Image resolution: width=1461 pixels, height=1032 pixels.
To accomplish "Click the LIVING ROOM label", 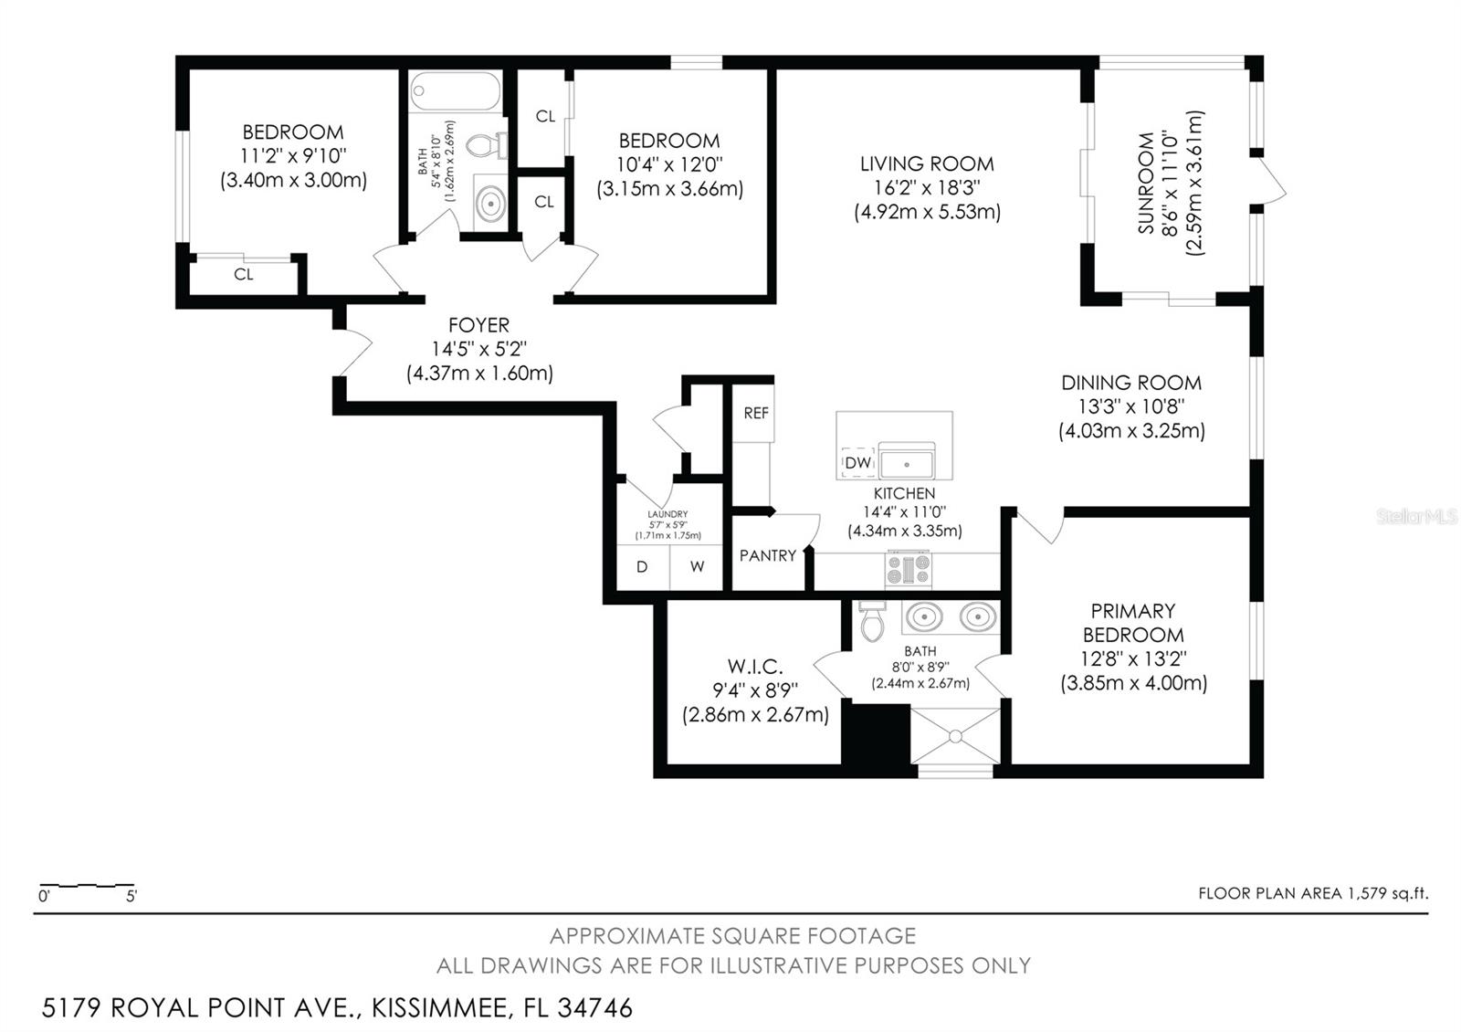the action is (927, 163).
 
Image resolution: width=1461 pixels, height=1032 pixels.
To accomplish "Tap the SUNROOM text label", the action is (1146, 184).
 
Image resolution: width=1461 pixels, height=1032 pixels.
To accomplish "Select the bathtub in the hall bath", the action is (456, 91).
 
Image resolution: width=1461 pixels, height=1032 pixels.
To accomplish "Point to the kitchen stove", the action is (908, 569).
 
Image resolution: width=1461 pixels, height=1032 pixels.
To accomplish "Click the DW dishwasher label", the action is (857, 462).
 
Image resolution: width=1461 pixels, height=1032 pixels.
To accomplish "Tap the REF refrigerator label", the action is (756, 413).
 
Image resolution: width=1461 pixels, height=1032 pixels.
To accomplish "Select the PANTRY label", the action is (768, 556).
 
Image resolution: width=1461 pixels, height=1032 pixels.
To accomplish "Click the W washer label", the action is (698, 567).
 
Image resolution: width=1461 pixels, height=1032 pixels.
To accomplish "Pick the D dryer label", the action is (642, 567).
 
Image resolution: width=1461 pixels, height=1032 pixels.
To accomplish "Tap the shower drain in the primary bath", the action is (955, 736).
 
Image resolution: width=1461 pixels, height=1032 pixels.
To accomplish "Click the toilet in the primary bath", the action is (872, 622).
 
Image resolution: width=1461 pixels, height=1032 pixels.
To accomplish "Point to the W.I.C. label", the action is (755, 667).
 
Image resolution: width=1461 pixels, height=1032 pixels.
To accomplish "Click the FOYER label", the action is (478, 325).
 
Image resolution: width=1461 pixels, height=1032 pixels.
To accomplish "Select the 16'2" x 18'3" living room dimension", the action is (927, 188).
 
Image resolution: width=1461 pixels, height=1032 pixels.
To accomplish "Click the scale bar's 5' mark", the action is (131, 896).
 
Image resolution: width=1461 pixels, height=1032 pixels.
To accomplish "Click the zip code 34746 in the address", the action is (594, 1008).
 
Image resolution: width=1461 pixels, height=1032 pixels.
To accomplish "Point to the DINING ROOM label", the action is (1131, 383).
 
